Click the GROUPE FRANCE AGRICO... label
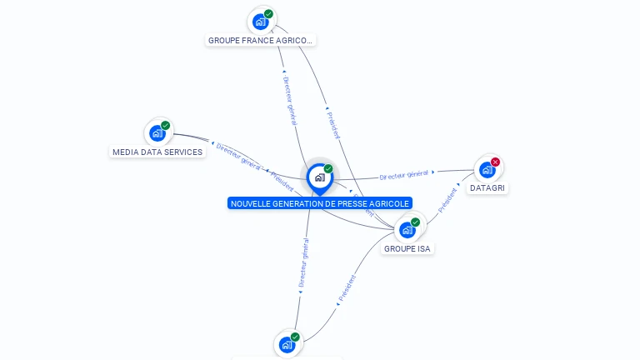pyautogui.click(x=261, y=40)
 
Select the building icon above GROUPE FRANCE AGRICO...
pyautogui.click(x=261, y=22)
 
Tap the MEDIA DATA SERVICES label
pyautogui.click(x=157, y=152)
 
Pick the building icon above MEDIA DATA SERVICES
pyautogui.click(x=157, y=133)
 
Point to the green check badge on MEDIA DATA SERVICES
pyautogui.click(x=166, y=126)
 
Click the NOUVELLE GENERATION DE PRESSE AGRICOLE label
pyautogui.click(x=320, y=203)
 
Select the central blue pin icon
pyautogui.click(x=319, y=177)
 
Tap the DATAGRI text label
pyautogui.click(x=488, y=188)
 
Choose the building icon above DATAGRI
pyautogui.click(x=487, y=169)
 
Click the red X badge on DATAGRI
pyautogui.click(x=496, y=162)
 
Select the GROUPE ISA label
pyautogui.click(x=407, y=248)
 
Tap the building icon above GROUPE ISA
pyautogui.click(x=407, y=229)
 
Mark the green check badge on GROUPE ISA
pyautogui.click(x=416, y=222)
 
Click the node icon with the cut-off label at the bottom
pyautogui.click(x=287, y=344)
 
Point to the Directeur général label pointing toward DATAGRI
pyautogui.click(x=404, y=175)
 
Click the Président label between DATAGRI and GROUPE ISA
pyautogui.click(x=447, y=200)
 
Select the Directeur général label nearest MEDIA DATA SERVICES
pyautogui.click(x=238, y=155)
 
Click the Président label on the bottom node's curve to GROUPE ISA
pyautogui.click(x=347, y=287)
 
